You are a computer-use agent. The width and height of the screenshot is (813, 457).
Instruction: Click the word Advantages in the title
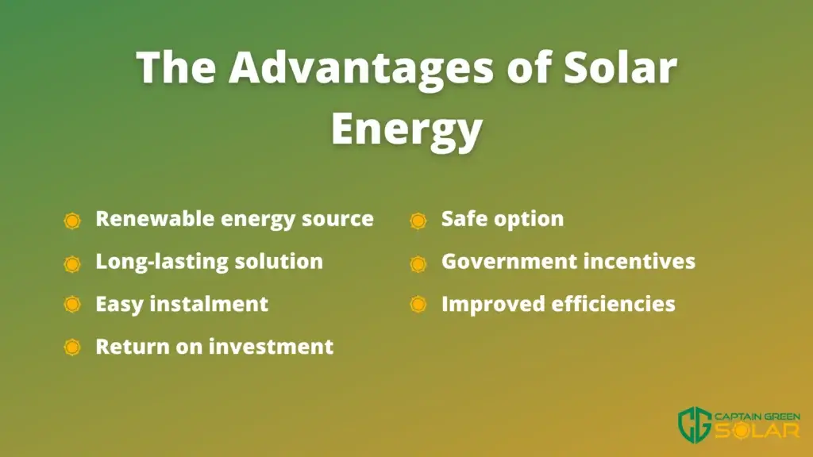click(x=361, y=68)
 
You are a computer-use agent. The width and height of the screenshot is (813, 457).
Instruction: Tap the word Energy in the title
click(x=407, y=129)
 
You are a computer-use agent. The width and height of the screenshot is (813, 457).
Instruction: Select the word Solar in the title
click(x=620, y=67)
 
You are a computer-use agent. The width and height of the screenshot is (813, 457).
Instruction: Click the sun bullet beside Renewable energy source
click(x=72, y=221)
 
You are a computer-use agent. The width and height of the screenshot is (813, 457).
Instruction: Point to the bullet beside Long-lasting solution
click(x=72, y=263)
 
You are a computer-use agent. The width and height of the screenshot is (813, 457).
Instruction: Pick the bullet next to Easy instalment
click(x=72, y=304)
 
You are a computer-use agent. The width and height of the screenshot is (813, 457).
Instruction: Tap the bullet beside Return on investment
click(x=72, y=347)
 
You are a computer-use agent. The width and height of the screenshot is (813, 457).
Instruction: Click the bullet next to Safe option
click(x=418, y=221)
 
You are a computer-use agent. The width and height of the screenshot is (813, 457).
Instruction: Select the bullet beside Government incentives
click(x=418, y=263)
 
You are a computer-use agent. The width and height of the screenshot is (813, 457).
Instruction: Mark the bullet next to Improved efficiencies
click(x=418, y=304)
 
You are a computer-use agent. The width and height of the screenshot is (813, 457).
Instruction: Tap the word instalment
click(x=209, y=304)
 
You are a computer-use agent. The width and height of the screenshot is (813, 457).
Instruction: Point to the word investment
click(x=272, y=346)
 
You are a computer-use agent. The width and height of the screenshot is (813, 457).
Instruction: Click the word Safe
click(x=464, y=219)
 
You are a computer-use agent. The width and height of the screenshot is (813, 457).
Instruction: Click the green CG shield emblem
click(x=695, y=423)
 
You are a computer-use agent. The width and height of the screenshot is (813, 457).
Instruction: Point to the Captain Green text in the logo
click(x=757, y=417)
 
